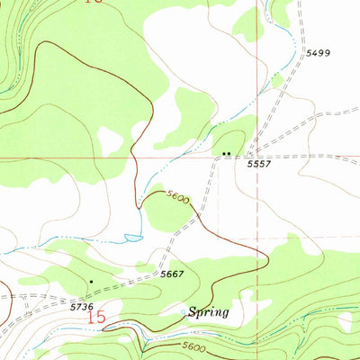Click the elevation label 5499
(x=317, y=54)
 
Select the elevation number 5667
(x=172, y=274)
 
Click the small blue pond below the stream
(x=133, y=238)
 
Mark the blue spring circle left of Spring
(x=184, y=313)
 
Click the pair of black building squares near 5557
(x=226, y=154)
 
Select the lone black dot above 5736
(x=90, y=282)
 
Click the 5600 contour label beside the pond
(x=176, y=197)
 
